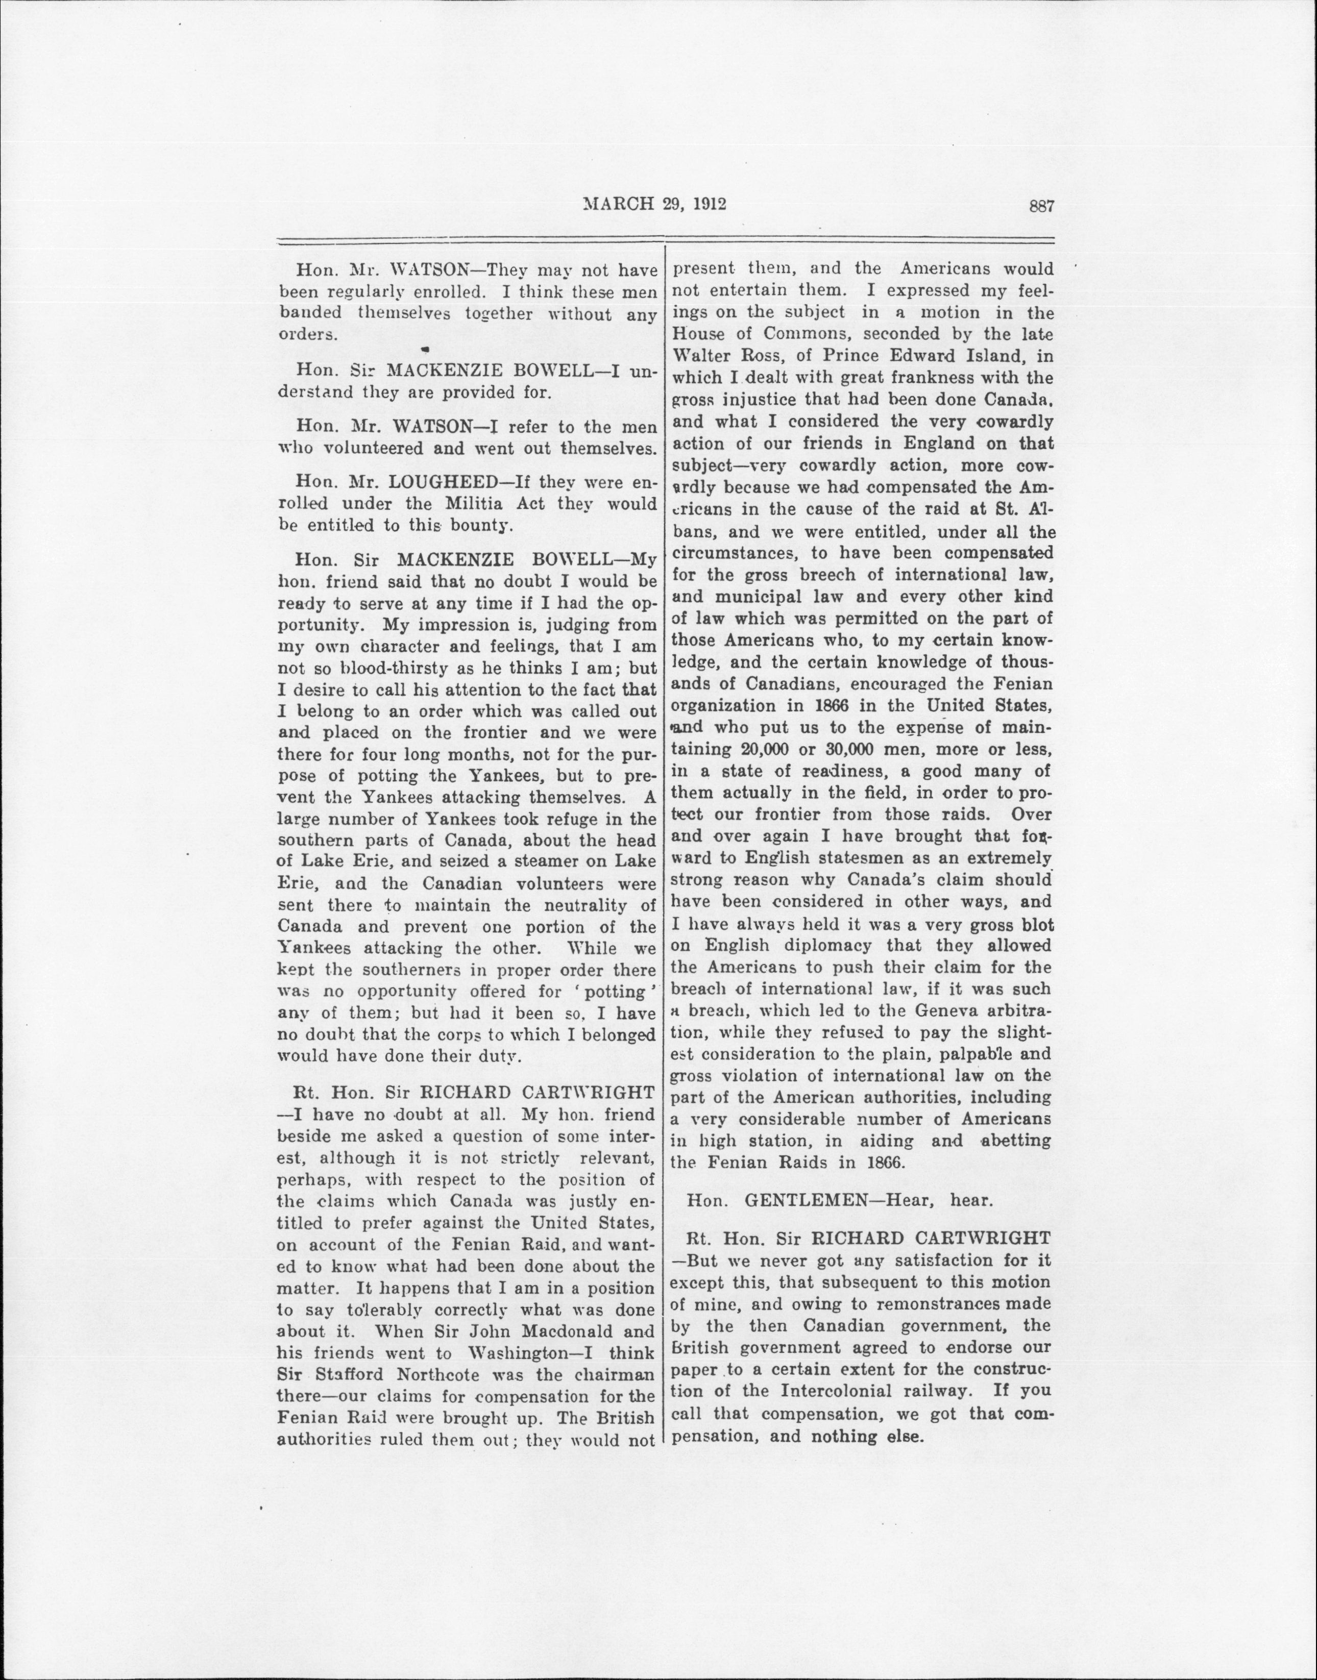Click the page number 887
tap(1040, 206)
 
